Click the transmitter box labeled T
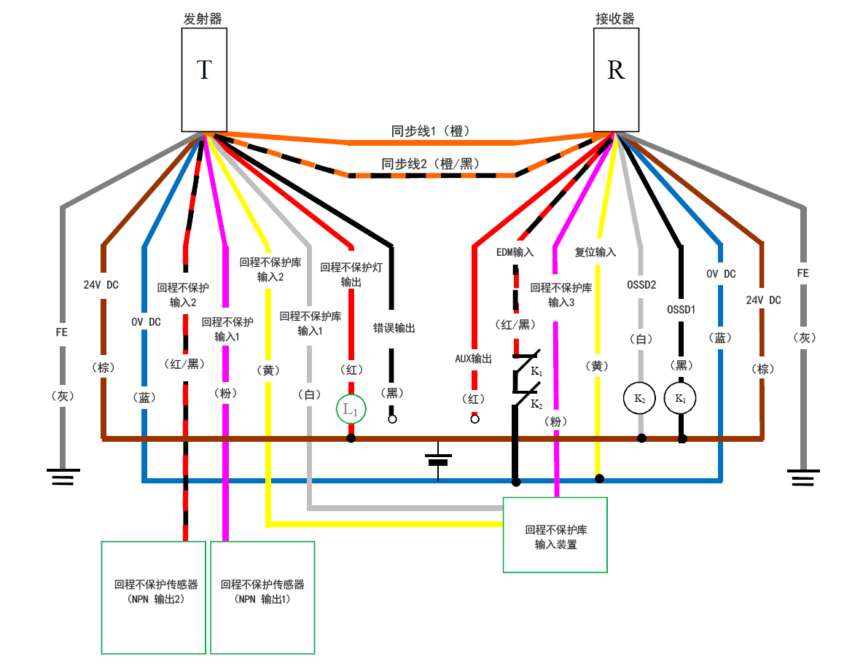205,80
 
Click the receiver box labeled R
616,80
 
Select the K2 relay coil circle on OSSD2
639,399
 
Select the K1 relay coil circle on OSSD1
680,399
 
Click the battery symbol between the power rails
438,460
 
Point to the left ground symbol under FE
63,478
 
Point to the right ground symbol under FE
804,478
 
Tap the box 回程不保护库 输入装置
555,535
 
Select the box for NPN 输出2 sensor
154,597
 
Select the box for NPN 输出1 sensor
262,597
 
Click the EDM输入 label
515,252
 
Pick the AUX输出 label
473,359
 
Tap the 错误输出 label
394,329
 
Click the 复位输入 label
595,252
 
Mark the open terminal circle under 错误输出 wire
392,419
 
